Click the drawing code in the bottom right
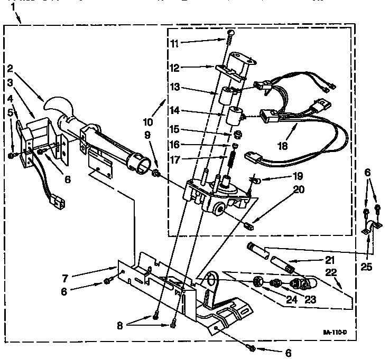click(x=335, y=333)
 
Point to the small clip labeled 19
click(x=255, y=181)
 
